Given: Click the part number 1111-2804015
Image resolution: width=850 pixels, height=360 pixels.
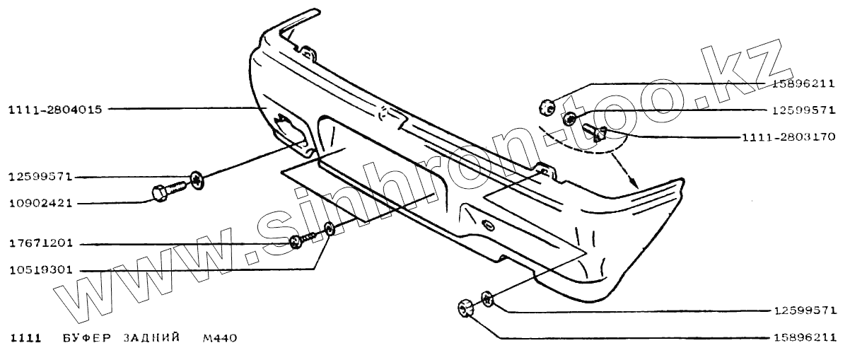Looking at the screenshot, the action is (55, 110).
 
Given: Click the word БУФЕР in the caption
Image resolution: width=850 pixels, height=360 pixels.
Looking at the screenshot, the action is (83, 338).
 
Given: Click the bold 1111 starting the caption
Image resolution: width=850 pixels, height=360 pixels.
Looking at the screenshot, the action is (24, 338).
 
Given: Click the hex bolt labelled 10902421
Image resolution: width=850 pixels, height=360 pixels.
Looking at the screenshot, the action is (165, 190).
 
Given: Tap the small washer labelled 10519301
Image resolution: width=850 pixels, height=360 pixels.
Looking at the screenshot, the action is (329, 228).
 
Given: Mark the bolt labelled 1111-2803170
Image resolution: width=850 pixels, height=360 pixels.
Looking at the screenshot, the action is (597, 132).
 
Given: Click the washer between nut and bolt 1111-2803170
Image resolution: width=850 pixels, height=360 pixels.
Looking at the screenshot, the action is (569, 118).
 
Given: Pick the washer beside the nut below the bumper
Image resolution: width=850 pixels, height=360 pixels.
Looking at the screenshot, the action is (487, 299).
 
